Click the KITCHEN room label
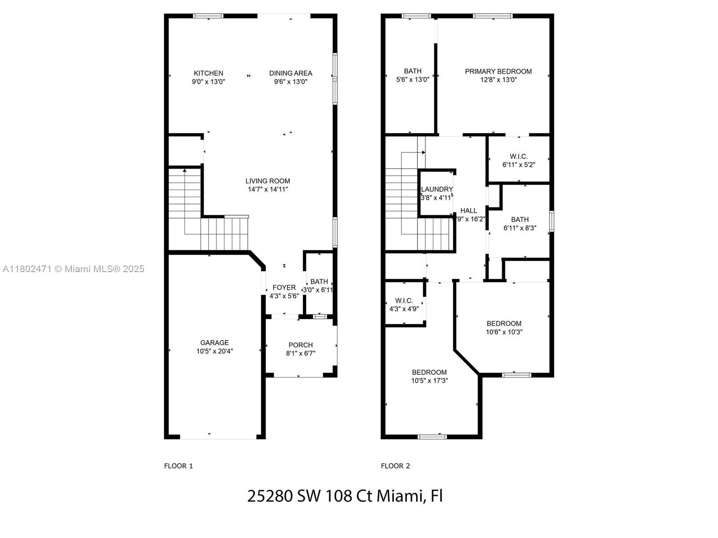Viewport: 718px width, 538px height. pyautogui.click(x=208, y=73)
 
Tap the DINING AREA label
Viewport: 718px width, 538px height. pyautogui.click(x=290, y=73)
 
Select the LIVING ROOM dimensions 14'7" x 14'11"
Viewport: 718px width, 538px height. pyautogui.click(x=267, y=189)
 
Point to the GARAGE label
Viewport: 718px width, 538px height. pyautogui.click(x=214, y=343)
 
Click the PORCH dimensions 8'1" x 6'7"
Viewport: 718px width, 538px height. pyautogui.click(x=301, y=353)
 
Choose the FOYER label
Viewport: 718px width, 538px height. pyautogui.click(x=284, y=287)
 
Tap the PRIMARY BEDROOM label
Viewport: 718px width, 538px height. pyautogui.click(x=498, y=71)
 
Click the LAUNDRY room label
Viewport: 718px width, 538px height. pyautogui.click(x=437, y=189)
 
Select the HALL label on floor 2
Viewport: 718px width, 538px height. pyautogui.click(x=468, y=211)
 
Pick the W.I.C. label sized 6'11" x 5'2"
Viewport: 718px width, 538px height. pyautogui.click(x=518, y=156)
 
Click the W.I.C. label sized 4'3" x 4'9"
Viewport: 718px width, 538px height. pyautogui.click(x=404, y=300)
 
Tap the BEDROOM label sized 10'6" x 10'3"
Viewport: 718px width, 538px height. pyautogui.click(x=504, y=323)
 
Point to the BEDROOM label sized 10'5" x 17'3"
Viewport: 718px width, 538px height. pyautogui.click(x=429, y=372)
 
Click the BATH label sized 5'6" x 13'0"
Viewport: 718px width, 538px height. pyautogui.click(x=412, y=71)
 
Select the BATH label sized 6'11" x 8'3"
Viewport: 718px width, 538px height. pyautogui.click(x=520, y=220)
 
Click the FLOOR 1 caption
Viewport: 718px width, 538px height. pyautogui.click(x=178, y=466)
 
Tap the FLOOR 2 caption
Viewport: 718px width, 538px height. pyautogui.click(x=395, y=466)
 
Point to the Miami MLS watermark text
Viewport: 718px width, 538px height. pyautogui.click(x=73, y=269)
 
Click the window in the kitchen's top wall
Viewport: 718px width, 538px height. pyautogui.click(x=208, y=16)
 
